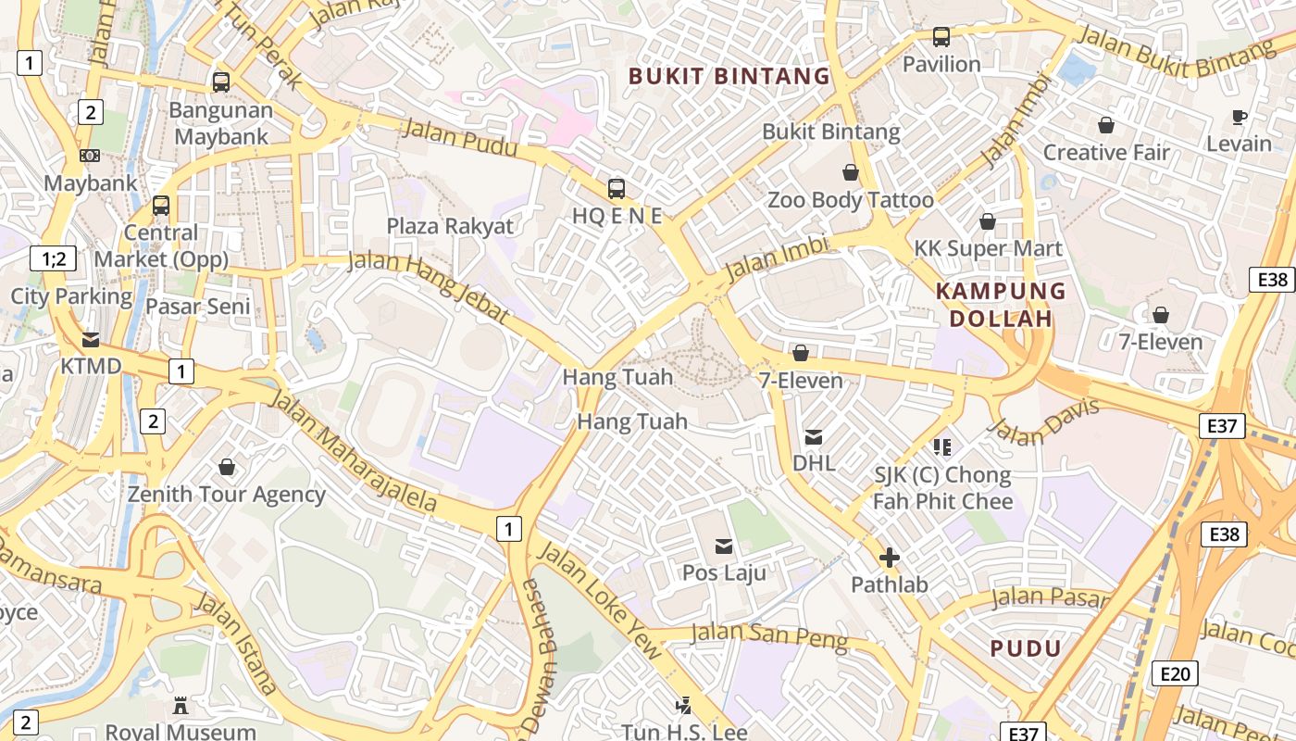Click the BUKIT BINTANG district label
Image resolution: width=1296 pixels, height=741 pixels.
(x=729, y=76)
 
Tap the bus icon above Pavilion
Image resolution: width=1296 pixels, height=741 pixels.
(x=941, y=37)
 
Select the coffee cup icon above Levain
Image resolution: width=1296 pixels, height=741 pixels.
(x=1240, y=117)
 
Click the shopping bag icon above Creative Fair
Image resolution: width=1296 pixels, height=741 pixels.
(x=1106, y=125)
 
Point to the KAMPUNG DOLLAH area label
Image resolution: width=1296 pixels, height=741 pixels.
(x=1001, y=305)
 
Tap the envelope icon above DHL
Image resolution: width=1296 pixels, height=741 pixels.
(x=814, y=436)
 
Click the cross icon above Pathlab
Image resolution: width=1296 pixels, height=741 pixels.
(x=889, y=558)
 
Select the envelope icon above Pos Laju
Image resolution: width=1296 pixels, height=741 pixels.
(x=724, y=546)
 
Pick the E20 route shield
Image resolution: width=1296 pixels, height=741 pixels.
(x=1175, y=673)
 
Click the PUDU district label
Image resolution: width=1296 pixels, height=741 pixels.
(x=1026, y=648)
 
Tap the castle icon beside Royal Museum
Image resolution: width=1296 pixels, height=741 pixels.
(x=181, y=706)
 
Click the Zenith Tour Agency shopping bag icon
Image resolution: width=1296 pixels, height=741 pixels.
(x=227, y=468)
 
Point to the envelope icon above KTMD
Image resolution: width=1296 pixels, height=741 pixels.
(x=91, y=340)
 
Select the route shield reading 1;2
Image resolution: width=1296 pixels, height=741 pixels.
(x=53, y=258)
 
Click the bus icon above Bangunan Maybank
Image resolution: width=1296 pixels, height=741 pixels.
(x=220, y=82)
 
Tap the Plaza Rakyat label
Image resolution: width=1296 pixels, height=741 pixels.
(x=450, y=226)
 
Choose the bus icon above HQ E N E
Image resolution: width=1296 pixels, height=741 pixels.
(x=617, y=189)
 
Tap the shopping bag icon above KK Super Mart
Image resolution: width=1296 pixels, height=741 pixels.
(x=988, y=222)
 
